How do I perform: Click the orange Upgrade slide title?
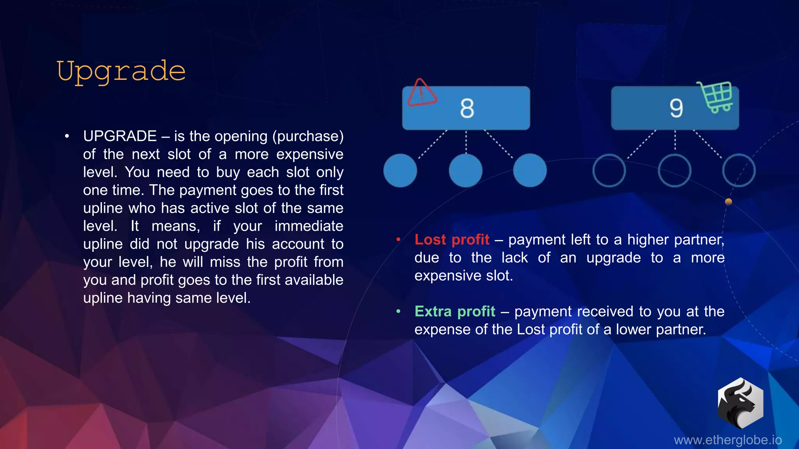(x=121, y=71)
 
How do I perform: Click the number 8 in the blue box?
(x=467, y=108)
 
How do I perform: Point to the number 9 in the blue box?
(x=676, y=108)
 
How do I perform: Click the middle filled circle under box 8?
(x=466, y=170)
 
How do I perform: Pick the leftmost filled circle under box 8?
(x=400, y=170)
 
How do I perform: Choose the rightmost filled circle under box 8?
(x=530, y=170)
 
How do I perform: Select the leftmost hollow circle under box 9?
(x=609, y=170)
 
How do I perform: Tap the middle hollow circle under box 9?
(x=675, y=170)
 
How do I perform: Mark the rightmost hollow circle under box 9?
(x=739, y=170)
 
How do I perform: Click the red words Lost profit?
(x=452, y=239)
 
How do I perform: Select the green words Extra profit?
(x=455, y=311)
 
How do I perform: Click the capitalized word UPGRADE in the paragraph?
(x=120, y=136)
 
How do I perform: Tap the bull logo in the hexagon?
(x=740, y=403)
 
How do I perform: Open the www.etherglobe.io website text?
(x=728, y=440)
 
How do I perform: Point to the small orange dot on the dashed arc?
(x=728, y=202)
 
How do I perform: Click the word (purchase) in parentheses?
(x=308, y=136)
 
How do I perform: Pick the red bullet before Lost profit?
(x=398, y=239)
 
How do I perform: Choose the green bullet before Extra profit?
(x=398, y=311)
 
